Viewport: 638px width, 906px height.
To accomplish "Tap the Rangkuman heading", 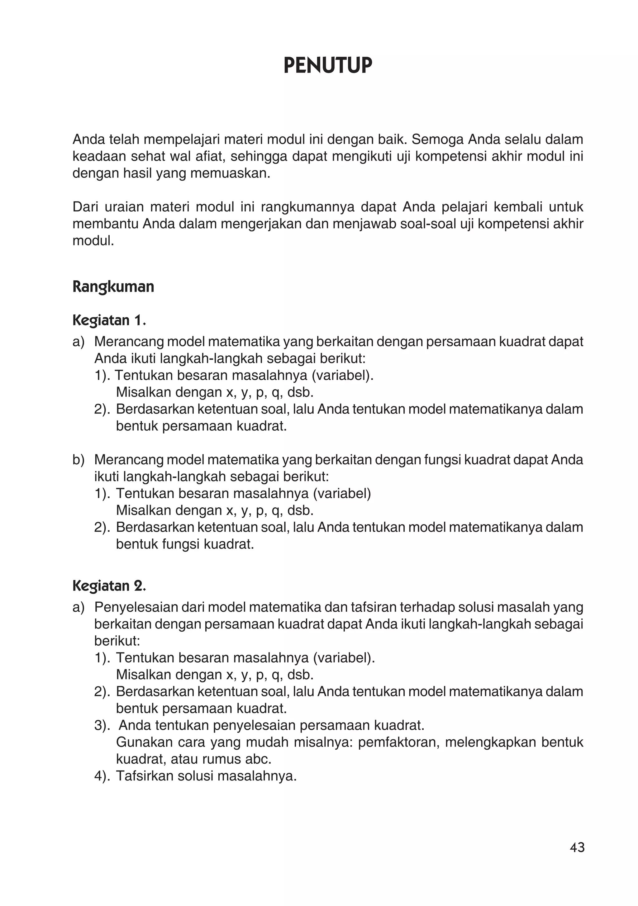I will pos(113,287).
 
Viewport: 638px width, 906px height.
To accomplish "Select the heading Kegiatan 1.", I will pos(109,320).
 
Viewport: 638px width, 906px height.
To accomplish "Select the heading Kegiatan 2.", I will pos(109,586).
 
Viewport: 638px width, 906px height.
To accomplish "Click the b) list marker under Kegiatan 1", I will pos(79,460).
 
